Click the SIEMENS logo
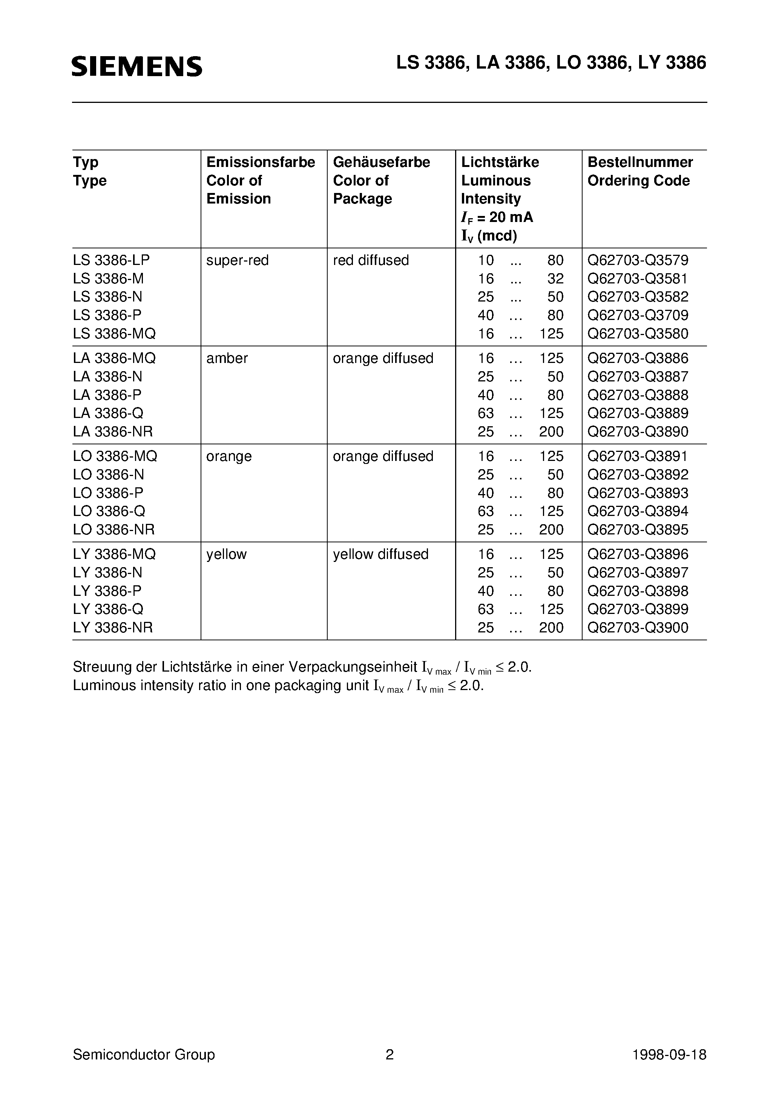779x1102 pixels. [x=137, y=66]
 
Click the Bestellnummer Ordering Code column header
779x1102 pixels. [x=640, y=171]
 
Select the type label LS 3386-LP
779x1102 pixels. [x=112, y=260]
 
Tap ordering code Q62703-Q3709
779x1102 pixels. [x=638, y=315]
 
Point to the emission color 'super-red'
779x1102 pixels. [x=237, y=260]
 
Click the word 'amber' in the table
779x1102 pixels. [x=227, y=358]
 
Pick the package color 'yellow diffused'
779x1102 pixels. [x=380, y=554]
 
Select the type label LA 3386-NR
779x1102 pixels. [x=113, y=432]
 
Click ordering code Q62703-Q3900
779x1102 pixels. [x=638, y=627]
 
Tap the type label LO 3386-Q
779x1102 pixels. [x=109, y=511]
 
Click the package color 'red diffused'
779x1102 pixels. [x=371, y=260]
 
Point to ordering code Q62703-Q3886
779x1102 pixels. [x=638, y=358]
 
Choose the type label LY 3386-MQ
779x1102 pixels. [x=114, y=554]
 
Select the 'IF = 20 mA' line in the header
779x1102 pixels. [x=497, y=217]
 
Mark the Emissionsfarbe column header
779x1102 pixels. [x=260, y=162]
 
